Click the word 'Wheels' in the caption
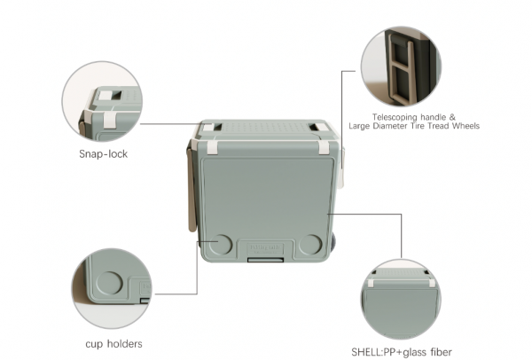tap(462, 126)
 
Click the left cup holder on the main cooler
tap(219, 246)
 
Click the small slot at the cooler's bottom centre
tap(265, 261)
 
